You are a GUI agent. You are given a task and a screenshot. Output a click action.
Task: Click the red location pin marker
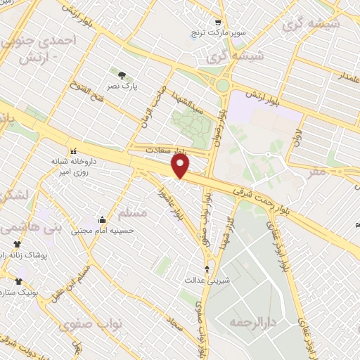(x=181, y=166)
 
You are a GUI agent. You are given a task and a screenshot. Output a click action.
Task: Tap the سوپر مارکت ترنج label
(x=217, y=32)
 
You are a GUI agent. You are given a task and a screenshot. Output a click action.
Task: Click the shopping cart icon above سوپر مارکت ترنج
(x=217, y=22)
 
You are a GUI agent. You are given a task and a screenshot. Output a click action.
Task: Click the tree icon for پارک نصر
(x=123, y=75)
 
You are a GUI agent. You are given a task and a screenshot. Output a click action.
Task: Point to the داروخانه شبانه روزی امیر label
(x=72, y=166)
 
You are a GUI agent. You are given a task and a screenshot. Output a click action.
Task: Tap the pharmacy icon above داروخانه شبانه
(x=72, y=150)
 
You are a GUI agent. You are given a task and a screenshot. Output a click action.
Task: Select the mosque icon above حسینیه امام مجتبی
(x=103, y=219)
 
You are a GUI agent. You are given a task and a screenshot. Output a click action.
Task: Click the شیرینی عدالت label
(x=207, y=279)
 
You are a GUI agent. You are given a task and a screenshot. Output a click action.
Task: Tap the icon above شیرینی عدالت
(x=207, y=269)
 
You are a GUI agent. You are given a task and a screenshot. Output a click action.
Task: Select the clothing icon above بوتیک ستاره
(x=19, y=281)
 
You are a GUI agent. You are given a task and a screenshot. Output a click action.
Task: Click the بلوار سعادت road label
(x=167, y=150)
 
